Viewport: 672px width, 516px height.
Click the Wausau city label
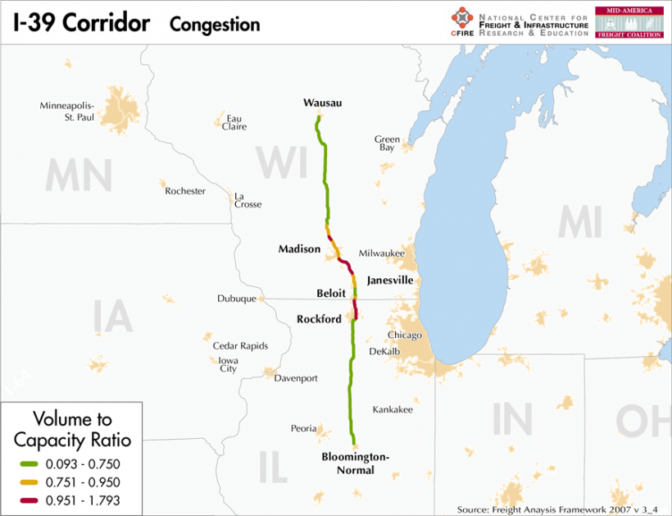pos(322,103)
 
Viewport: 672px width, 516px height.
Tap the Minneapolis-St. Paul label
pos(67,111)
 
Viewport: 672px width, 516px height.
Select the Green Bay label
pos(387,144)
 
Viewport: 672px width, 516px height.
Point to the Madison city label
pos(299,249)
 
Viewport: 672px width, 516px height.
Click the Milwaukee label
pos(382,253)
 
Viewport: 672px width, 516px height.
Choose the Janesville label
pos(389,281)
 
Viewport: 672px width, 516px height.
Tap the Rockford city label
pos(320,319)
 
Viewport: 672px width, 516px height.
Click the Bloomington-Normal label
pos(356,463)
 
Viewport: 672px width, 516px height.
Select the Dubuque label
pos(237,299)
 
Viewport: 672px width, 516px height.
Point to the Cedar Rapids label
pos(240,345)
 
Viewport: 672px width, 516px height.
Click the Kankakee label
pos(393,409)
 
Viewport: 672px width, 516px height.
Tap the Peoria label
pos(303,428)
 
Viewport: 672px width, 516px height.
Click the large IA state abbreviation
pos(113,317)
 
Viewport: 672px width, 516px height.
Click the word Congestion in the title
pos(215,25)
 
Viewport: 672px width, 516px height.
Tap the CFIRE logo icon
pos(462,20)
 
